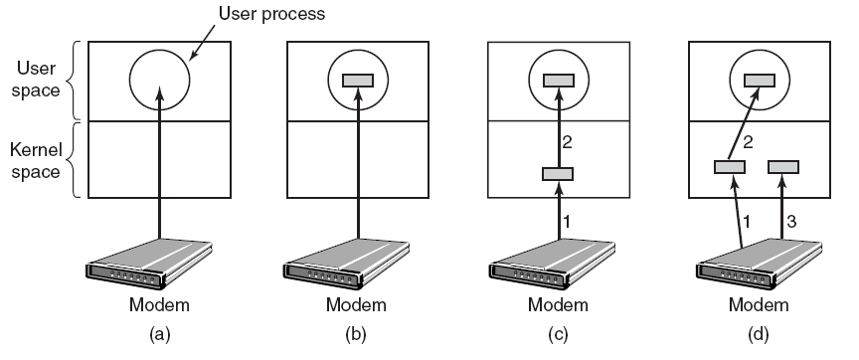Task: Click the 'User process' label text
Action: click(x=271, y=13)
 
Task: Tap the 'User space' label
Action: click(x=36, y=79)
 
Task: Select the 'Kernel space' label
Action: click(x=35, y=160)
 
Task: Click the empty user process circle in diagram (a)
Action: click(x=130, y=80)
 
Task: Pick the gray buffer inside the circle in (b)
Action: click(x=358, y=81)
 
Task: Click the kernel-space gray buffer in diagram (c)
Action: click(x=558, y=174)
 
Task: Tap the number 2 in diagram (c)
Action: click(x=567, y=142)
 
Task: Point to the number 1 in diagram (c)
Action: click(x=568, y=222)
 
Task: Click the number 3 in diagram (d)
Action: click(x=791, y=222)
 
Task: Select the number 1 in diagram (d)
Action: click(x=746, y=222)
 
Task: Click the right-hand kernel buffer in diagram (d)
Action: click(x=783, y=167)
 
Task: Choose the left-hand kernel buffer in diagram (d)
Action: click(x=730, y=167)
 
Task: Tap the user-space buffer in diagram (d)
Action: click(x=760, y=81)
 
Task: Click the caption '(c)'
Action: click(x=558, y=334)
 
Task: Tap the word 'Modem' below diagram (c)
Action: click(x=558, y=304)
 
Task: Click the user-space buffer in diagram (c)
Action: click(x=559, y=81)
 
